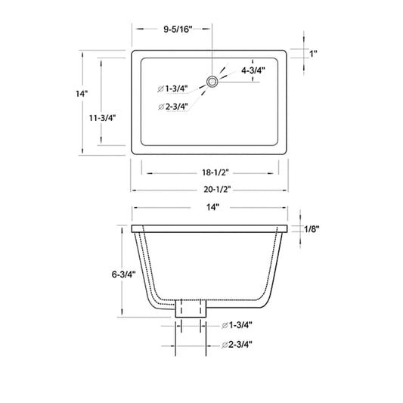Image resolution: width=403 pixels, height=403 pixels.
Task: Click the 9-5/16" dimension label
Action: tap(178, 29)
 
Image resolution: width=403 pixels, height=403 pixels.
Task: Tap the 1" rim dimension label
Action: tap(313, 54)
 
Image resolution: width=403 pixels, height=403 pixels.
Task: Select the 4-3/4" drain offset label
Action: tap(253, 70)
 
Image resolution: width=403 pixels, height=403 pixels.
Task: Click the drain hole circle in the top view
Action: tap(212, 82)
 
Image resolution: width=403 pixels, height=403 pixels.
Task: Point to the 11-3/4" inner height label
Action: tap(102, 118)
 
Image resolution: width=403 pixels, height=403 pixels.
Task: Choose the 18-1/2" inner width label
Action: tap(215, 172)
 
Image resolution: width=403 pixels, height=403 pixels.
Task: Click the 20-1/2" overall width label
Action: tap(217, 190)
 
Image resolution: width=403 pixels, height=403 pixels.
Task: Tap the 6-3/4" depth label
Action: tap(123, 274)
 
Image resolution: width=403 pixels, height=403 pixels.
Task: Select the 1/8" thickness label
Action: tap(312, 229)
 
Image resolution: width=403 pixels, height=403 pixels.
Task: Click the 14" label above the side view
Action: tap(212, 207)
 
